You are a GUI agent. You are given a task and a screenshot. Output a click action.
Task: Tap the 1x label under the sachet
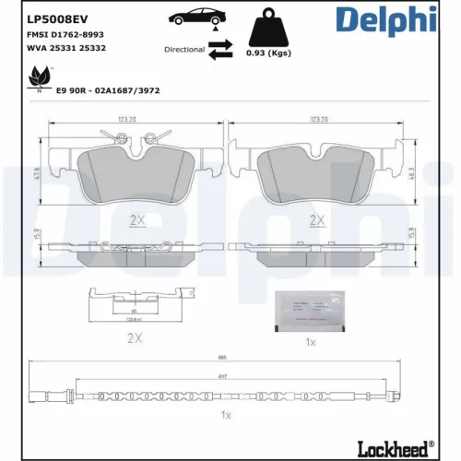[x=312, y=341]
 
